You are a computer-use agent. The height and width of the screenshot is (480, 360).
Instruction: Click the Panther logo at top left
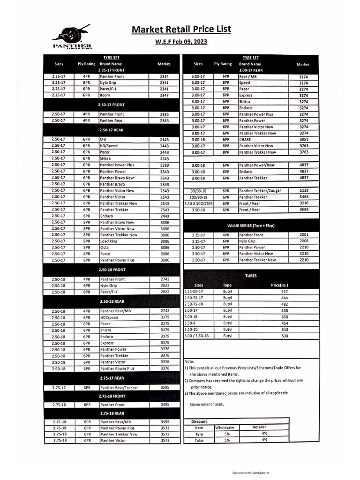(x=72, y=38)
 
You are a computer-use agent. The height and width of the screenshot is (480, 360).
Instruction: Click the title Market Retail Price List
(x=181, y=30)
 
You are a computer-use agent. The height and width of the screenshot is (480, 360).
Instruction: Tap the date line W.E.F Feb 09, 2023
(x=181, y=42)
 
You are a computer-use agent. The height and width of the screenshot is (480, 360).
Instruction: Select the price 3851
(x=303, y=140)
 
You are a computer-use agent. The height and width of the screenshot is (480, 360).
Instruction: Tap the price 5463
(x=303, y=197)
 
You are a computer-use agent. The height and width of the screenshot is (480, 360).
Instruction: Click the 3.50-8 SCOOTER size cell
(x=198, y=203)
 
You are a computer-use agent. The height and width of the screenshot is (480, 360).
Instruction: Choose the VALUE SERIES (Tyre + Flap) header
(x=251, y=226)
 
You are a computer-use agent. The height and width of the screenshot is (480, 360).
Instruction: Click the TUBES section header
(x=251, y=276)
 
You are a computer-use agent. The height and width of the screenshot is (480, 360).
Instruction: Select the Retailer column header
(x=259, y=427)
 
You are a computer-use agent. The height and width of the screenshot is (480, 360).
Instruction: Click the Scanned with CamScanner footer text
(x=250, y=473)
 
